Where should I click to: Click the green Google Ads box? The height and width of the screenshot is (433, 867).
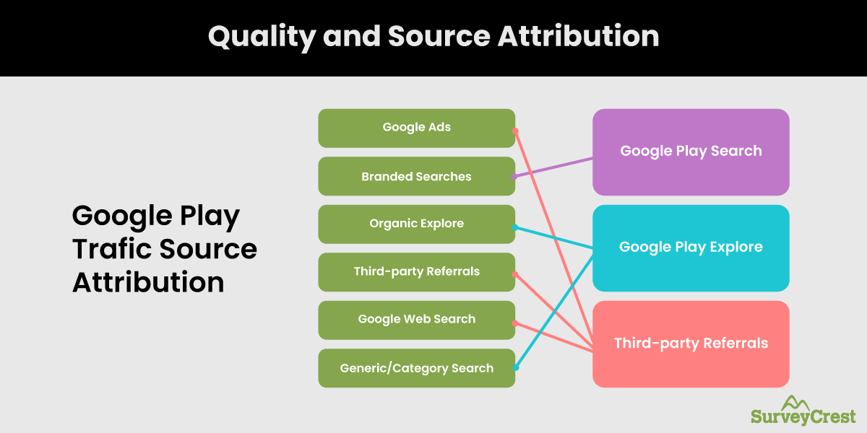click(x=416, y=128)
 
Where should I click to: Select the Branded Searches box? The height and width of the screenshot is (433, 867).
click(x=416, y=176)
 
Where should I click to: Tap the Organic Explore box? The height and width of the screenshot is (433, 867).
click(x=416, y=224)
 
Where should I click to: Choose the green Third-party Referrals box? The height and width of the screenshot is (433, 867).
click(x=416, y=271)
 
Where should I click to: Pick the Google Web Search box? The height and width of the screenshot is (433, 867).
click(x=416, y=319)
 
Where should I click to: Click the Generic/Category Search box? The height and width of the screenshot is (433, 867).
click(x=416, y=368)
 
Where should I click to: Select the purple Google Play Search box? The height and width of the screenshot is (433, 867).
click(x=691, y=152)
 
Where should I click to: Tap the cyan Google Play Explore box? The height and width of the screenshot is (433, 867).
click(x=691, y=248)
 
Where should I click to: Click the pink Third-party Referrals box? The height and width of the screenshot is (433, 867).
click(x=691, y=344)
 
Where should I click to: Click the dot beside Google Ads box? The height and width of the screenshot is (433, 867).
click(x=515, y=131)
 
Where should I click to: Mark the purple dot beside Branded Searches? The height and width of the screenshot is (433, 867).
click(x=514, y=176)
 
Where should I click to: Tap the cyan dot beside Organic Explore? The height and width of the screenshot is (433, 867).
click(x=515, y=227)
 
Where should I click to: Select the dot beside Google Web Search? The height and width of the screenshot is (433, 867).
click(x=515, y=323)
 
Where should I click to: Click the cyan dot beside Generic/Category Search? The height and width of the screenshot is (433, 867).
click(x=515, y=367)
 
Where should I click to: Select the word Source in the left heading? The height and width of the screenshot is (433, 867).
click(x=209, y=249)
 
